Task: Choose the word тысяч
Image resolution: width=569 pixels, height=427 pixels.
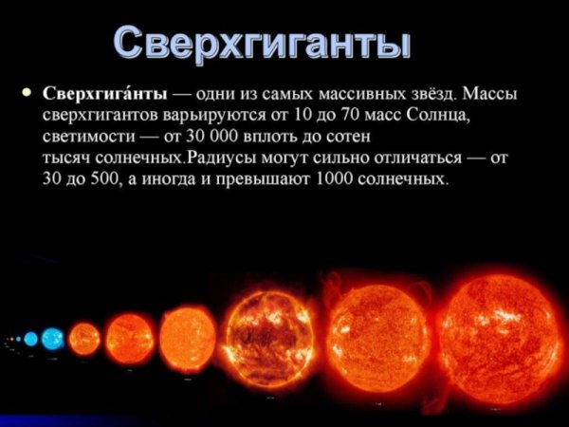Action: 67,158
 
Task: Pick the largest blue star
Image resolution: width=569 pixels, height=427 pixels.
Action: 53,337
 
